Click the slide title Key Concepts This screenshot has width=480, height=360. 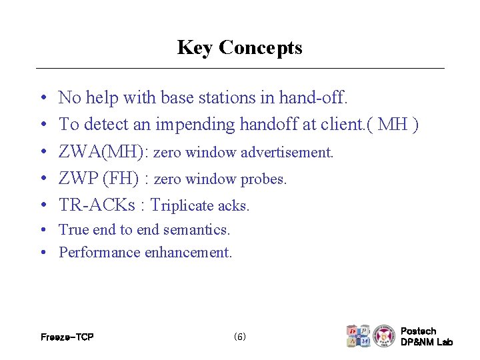pyautogui.click(x=239, y=48)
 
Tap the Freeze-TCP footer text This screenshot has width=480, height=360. pyautogui.click(x=67, y=337)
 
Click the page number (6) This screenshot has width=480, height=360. pyautogui.click(x=240, y=337)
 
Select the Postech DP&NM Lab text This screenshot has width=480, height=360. pyautogui.click(x=426, y=337)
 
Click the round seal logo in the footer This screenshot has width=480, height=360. pyautogui.click(x=384, y=336)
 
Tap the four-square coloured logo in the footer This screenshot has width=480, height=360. pyautogui.click(x=358, y=336)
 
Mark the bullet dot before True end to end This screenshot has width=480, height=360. pyautogui.click(x=42, y=230)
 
